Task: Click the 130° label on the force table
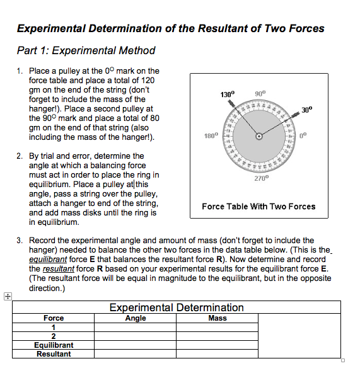click(228, 94)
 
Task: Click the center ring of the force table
click(258, 137)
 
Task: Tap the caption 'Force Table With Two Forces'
click(258, 207)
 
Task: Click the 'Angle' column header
click(136, 318)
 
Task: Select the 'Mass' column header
click(218, 318)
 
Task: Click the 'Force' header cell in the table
click(54, 318)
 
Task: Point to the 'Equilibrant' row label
click(54, 345)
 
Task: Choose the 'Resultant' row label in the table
click(54, 354)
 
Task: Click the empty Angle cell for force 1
click(136, 327)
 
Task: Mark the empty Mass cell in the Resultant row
click(218, 354)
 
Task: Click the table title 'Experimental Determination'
click(177, 307)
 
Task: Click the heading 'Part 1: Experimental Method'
click(86, 50)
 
